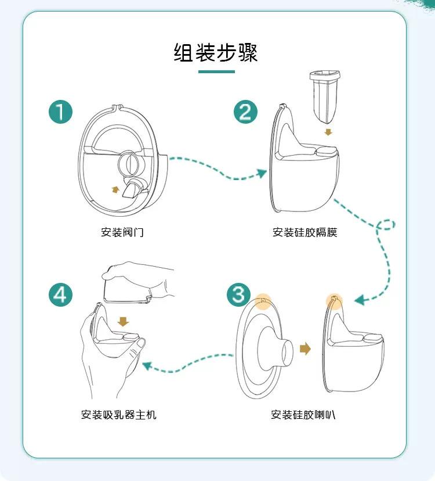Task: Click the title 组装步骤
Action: (x=216, y=52)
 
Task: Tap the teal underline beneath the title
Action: (x=216, y=72)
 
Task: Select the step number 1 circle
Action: (x=61, y=112)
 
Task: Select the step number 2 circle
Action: (x=245, y=112)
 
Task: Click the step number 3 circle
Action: (x=238, y=295)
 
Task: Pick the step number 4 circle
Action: (x=61, y=295)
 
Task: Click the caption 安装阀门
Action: (x=122, y=232)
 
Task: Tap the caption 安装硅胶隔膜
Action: (x=305, y=232)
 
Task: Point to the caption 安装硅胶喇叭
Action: (x=303, y=415)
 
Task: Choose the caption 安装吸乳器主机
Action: (x=118, y=415)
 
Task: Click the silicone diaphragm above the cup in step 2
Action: (x=325, y=96)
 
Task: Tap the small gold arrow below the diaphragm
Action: (x=328, y=132)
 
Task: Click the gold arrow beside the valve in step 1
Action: (x=115, y=189)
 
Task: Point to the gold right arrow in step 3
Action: (x=306, y=349)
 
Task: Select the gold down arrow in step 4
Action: (x=123, y=321)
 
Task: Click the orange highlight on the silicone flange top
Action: (x=263, y=301)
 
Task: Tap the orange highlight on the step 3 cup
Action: (x=334, y=301)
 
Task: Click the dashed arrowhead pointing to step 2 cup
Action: (x=262, y=173)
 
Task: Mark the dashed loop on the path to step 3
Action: (x=386, y=225)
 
